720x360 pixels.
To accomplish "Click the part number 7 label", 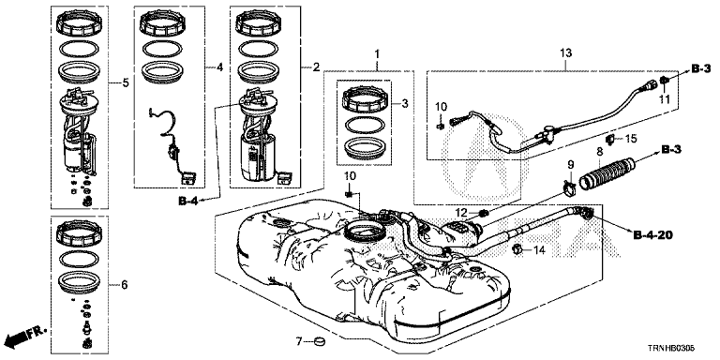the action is (298, 341).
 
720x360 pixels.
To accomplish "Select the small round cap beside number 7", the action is (319, 341).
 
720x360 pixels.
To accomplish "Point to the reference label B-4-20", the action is (653, 235).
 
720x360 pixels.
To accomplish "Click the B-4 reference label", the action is (187, 201).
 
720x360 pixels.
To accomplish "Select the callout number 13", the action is (565, 53).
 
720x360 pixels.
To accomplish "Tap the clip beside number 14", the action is (517, 249).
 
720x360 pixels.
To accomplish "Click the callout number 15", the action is (631, 139).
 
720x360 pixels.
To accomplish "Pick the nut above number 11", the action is (665, 82).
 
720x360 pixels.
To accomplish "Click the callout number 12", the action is (461, 212).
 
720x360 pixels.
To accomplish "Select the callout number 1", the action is (377, 54).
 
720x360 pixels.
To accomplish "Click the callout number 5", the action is (126, 83).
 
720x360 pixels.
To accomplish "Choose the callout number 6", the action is (125, 285).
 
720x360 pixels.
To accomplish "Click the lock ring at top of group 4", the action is (161, 23).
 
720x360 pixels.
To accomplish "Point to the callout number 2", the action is (316, 67).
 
